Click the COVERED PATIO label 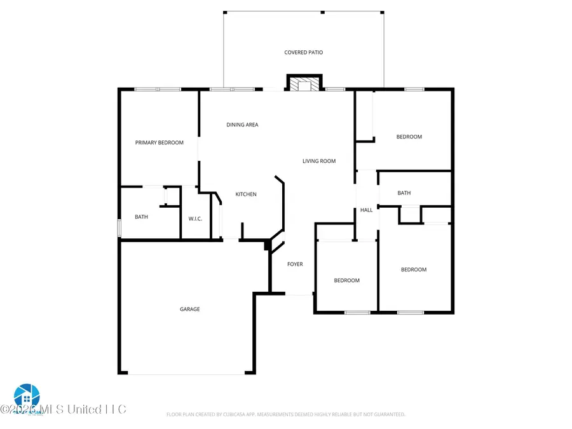click(x=303, y=52)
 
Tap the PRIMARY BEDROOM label click(x=159, y=142)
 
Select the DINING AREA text click(x=242, y=125)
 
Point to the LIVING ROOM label click(x=318, y=161)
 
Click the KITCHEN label click(x=246, y=194)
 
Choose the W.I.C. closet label click(x=195, y=219)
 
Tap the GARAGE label click(x=189, y=309)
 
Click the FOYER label click(x=295, y=264)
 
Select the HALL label click(x=366, y=210)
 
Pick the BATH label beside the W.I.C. click(x=141, y=217)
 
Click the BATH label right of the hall click(x=404, y=193)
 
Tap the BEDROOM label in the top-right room click(x=409, y=137)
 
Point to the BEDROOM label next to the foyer click(x=347, y=280)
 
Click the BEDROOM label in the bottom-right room click(x=413, y=269)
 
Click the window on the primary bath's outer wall click(x=119, y=228)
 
